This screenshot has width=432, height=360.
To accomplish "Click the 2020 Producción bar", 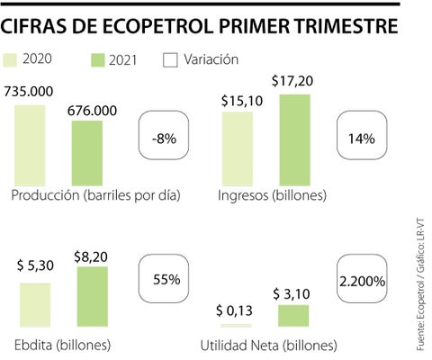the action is (30, 145).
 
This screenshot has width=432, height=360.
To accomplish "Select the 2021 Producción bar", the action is (87, 153).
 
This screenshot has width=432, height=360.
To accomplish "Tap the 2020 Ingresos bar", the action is (238, 148).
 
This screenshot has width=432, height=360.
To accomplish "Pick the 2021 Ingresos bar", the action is (295, 140).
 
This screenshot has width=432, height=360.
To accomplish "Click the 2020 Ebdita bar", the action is (35, 305).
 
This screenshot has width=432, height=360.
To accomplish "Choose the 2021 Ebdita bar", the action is (93, 296).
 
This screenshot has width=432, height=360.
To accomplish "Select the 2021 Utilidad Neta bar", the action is (293, 316).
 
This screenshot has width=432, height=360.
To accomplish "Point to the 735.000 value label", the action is (29, 92).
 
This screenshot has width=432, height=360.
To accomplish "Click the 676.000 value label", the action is (92, 111).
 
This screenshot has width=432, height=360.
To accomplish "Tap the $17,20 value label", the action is (292, 81).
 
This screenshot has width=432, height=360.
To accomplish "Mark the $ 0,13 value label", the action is (234, 310).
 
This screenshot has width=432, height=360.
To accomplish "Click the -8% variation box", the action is (164, 135).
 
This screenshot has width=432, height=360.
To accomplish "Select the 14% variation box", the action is (362, 135).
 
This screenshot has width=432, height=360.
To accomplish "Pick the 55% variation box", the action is (164, 279).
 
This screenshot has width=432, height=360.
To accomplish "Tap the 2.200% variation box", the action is (362, 279).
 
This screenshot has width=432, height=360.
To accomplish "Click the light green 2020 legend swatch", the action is (10, 60).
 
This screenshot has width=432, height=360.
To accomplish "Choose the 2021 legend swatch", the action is (98, 60).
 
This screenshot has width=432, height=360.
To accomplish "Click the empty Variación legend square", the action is (170, 60).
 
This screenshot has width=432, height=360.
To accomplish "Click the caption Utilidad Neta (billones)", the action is (269, 346).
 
